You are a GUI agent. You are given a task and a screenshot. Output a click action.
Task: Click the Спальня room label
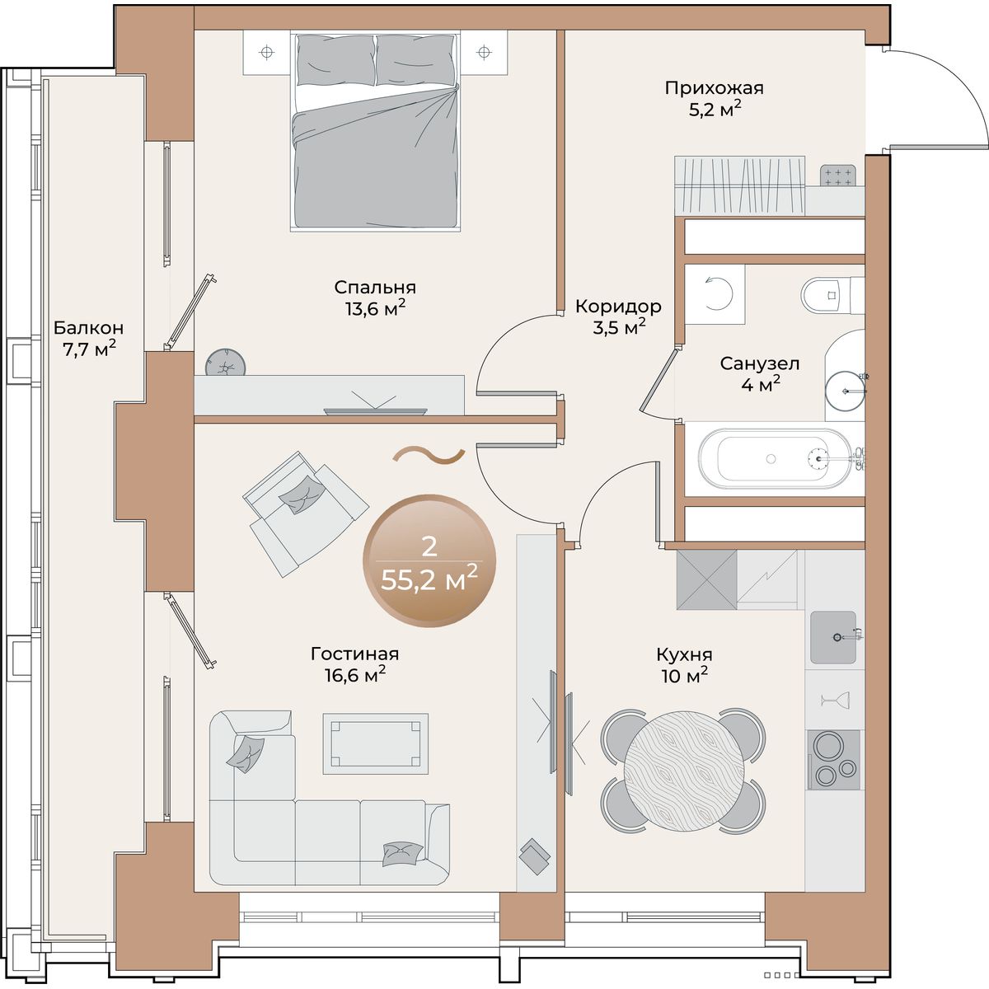point(375,288)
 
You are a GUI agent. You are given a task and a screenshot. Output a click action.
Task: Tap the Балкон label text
point(88,327)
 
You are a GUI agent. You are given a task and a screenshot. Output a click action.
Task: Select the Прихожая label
point(714,88)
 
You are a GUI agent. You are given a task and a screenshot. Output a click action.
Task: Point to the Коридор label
point(618,307)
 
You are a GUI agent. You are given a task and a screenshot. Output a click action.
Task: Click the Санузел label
point(760,364)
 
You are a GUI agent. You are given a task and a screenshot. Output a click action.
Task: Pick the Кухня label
point(684,655)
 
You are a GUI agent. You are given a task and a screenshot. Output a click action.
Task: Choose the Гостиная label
point(354,654)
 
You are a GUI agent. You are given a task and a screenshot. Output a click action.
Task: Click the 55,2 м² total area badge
point(429,560)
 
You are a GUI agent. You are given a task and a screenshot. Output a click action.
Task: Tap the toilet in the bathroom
point(832,295)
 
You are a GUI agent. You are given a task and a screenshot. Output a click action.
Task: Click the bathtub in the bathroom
point(775,458)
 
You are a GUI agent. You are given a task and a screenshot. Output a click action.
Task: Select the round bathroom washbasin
point(846,391)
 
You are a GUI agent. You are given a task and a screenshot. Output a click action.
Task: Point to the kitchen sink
point(833,637)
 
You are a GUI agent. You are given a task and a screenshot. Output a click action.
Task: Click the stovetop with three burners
point(833,760)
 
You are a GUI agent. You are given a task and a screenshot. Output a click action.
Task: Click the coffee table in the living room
point(375,743)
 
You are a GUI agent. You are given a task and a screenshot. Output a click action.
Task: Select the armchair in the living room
point(305,513)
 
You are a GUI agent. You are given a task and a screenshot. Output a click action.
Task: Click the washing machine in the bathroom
point(715,294)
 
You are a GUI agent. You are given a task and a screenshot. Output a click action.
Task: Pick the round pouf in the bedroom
point(225,363)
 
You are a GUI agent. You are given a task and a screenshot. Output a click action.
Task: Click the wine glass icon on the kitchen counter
point(835,700)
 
